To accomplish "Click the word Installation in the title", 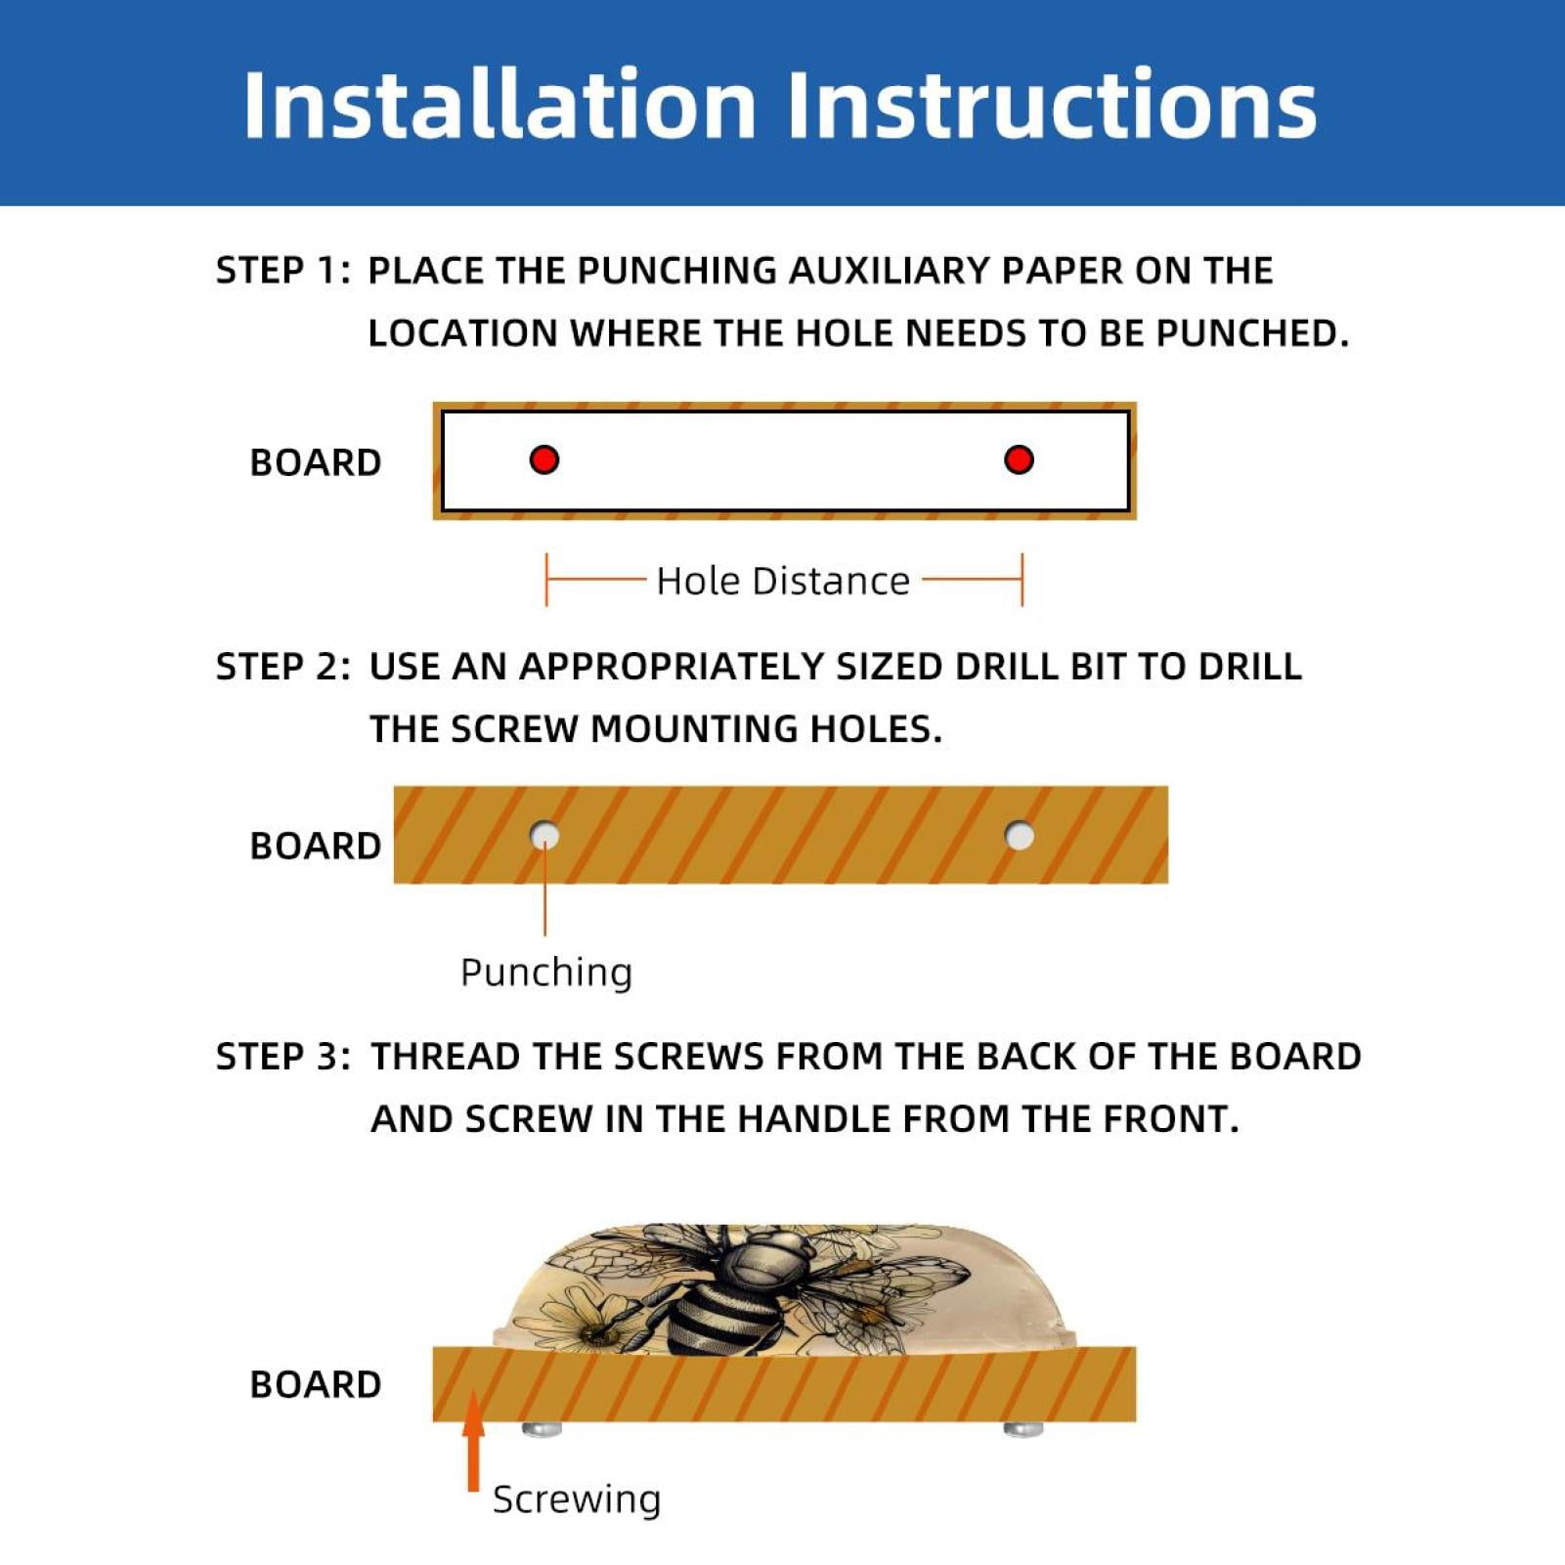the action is pyautogui.click(x=500, y=104).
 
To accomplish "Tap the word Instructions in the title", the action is pyautogui.click(x=1052, y=104).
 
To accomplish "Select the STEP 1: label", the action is pyautogui.click(x=283, y=271).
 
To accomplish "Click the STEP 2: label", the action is pyautogui.click(x=283, y=667).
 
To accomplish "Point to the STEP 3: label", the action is pyautogui.click(x=283, y=1057).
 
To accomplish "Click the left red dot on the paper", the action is pyautogui.click(x=544, y=459).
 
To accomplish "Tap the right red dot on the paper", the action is pyautogui.click(x=1019, y=459).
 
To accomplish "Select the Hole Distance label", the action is pyautogui.click(x=783, y=581).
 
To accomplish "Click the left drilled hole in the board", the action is pyautogui.click(x=544, y=836).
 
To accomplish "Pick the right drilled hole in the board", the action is pyautogui.click(x=1020, y=836).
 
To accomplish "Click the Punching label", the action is pyautogui.click(x=546, y=974).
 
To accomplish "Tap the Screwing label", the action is pyautogui.click(x=577, y=1500).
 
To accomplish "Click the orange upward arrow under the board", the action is pyautogui.click(x=474, y=1442).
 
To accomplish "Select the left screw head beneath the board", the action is pyautogui.click(x=542, y=1429).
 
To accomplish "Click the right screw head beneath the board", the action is pyautogui.click(x=1023, y=1429).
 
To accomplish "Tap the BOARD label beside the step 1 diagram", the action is pyautogui.click(x=316, y=463).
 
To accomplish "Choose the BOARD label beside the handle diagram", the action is pyautogui.click(x=316, y=1385).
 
